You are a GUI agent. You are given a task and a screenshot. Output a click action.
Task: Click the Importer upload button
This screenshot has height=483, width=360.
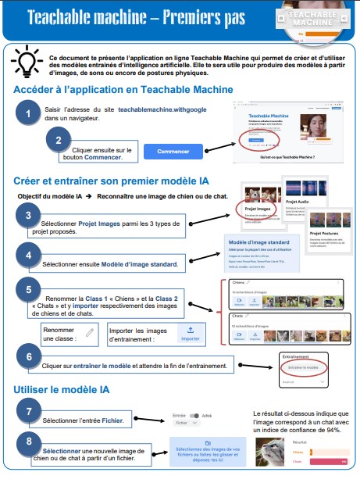(191, 334)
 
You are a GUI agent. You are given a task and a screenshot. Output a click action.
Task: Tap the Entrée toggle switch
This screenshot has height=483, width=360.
(196, 417)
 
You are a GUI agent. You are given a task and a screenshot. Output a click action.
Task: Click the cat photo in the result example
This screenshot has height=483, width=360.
(273, 453)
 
